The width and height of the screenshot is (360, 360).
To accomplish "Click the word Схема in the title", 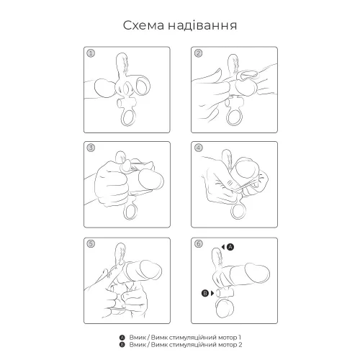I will (143, 27).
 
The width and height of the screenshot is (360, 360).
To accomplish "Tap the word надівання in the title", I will (204, 27).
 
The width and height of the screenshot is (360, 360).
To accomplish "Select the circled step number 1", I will (91, 53).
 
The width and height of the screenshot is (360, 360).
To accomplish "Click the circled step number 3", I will (91, 149).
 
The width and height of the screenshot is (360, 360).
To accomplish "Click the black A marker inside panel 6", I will (230, 246).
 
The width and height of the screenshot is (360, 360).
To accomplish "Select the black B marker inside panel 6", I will (206, 294).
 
